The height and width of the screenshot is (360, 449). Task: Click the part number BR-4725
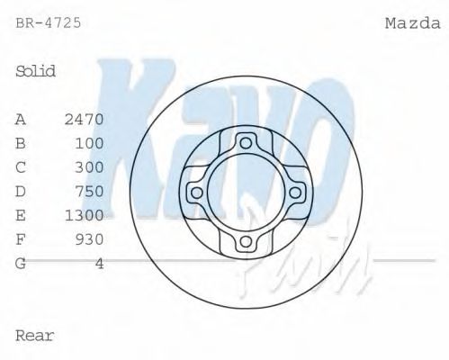pyautogui.click(x=49, y=22)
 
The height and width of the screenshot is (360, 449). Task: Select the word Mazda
pyautogui.click(x=412, y=22)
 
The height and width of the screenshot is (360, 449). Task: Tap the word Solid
pyautogui.click(x=36, y=71)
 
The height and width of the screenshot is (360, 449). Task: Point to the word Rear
pyautogui.click(x=35, y=336)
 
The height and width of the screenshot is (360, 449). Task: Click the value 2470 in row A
pyautogui.click(x=85, y=119)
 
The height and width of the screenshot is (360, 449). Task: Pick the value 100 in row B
pyautogui.click(x=89, y=143)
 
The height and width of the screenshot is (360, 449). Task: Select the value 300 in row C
pyautogui.click(x=89, y=166)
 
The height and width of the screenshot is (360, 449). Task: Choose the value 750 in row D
pyautogui.click(x=89, y=191)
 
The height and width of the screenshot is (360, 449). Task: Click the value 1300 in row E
pyautogui.click(x=85, y=215)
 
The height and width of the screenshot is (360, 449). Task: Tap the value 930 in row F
pyautogui.click(x=89, y=238)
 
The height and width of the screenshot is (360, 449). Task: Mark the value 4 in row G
pyautogui.click(x=99, y=263)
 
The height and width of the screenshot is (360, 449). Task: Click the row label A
pyautogui.click(x=21, y=119)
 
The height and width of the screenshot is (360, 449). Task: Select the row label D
pyautogui.click(x=21, y=191)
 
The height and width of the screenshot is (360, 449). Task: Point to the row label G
pyautogui.click(x=21, y=263)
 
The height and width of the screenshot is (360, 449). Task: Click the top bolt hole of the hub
pyautogui.click(x=246, y=141)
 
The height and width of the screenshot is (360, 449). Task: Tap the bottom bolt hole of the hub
pyautogui.click(x=246, y=242)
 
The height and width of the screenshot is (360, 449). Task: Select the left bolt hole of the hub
pyautogui.click(x=195, y=192)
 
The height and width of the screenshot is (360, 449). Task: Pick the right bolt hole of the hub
pyautogui.click(x=296, y=192)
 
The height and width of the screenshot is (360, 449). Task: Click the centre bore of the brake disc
pyautogui.click(x=246, y=192)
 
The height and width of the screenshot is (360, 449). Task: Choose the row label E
pyautogui.click(x=21, y=215)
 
